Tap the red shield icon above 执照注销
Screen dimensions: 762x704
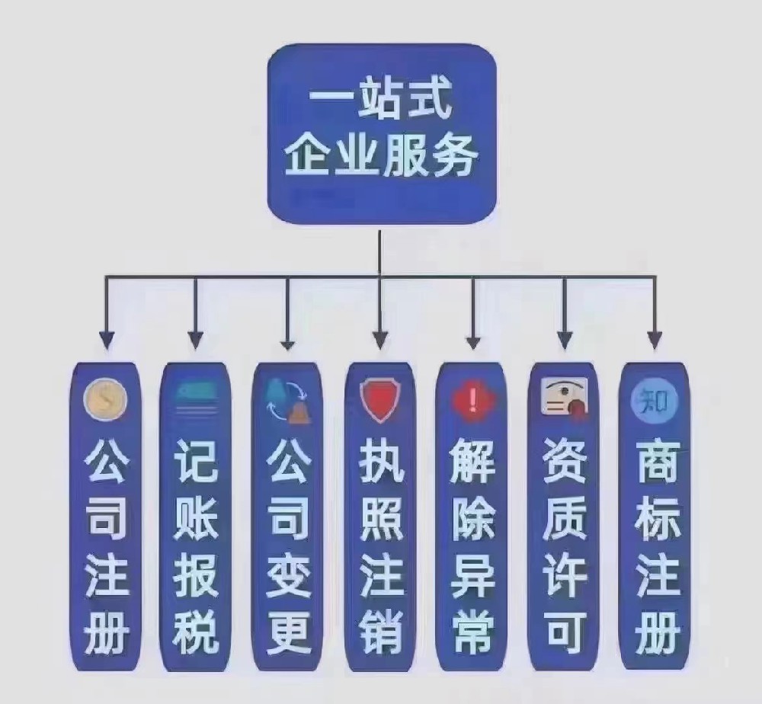click(x=380, y=400)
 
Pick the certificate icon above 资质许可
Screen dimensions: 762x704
click(x=564, y=398)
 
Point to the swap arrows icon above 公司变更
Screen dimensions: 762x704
click(x=289, y=400)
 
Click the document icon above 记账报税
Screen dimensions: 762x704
click(x=197, y=398)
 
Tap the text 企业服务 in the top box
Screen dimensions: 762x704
click(x=381, y=155)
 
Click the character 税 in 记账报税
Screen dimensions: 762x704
click(x=197, y=632)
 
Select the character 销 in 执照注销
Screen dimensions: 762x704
click(x=381, y=632)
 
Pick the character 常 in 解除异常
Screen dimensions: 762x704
click(x=473, y=632)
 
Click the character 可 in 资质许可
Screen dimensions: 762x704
click(x=565, y=632)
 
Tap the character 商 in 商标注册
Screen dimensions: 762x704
click(x=657, y=459)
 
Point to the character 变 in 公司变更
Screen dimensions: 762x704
click(x=289, y=574)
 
